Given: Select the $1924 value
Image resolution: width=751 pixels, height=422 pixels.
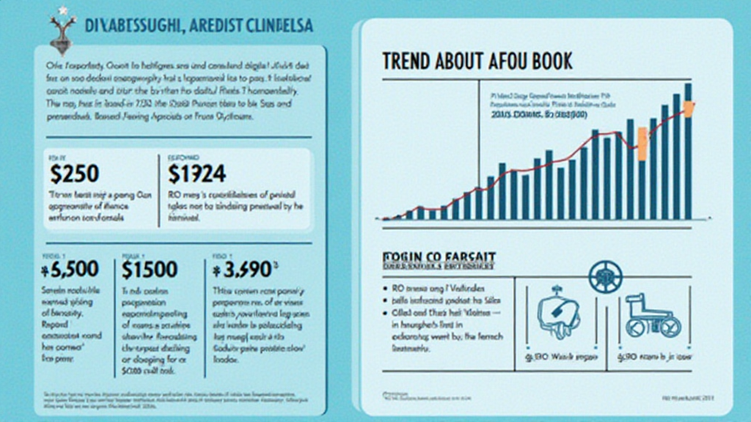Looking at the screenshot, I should [197, 174].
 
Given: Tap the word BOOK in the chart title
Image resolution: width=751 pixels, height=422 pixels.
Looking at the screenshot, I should [549, 61].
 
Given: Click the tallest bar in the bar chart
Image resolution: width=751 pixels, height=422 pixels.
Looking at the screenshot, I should [688, 151].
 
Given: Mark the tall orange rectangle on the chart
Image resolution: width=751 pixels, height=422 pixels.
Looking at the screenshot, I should [642, 144].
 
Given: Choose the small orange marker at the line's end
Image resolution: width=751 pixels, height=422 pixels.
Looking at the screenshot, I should [689, 108].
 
